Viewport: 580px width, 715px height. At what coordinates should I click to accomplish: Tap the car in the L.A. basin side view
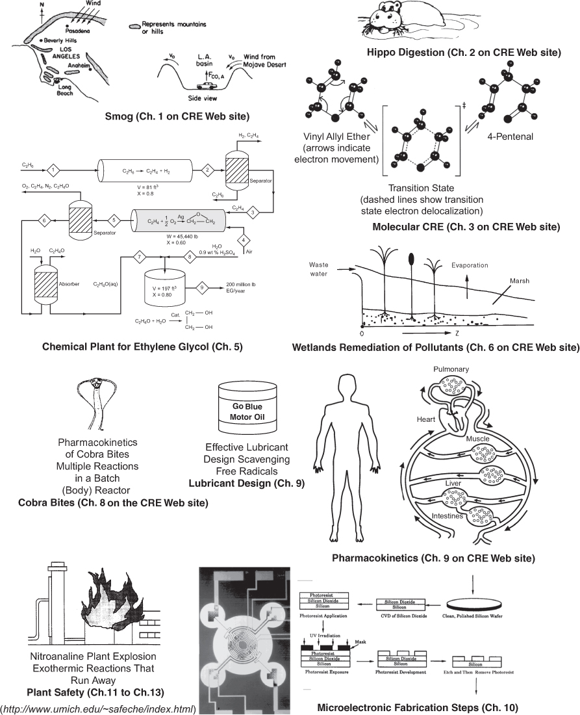tap(205, 85)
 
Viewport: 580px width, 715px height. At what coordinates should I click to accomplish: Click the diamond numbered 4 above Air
tap(244, 240)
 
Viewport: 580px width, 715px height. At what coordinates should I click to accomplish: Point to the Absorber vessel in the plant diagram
tap(45, 285)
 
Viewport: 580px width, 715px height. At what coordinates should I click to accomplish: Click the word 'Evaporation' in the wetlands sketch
tap(469, 266)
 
